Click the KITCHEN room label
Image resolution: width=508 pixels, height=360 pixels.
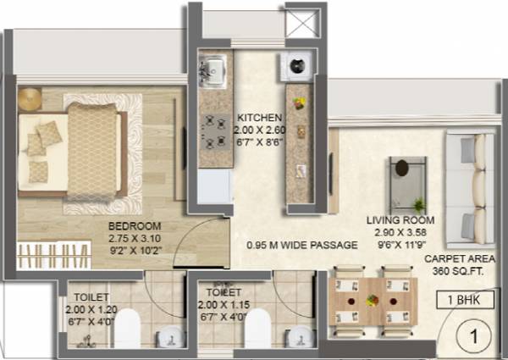tap(254, 118)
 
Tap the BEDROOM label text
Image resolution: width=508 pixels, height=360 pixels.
tap(135, 226)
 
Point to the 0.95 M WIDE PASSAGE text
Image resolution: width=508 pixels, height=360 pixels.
tap(290, 246)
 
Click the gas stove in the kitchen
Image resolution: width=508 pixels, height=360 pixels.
tap(212, 129)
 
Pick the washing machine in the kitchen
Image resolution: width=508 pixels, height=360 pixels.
tap(297, 64)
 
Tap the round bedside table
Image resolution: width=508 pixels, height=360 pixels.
tap(30, 98)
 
